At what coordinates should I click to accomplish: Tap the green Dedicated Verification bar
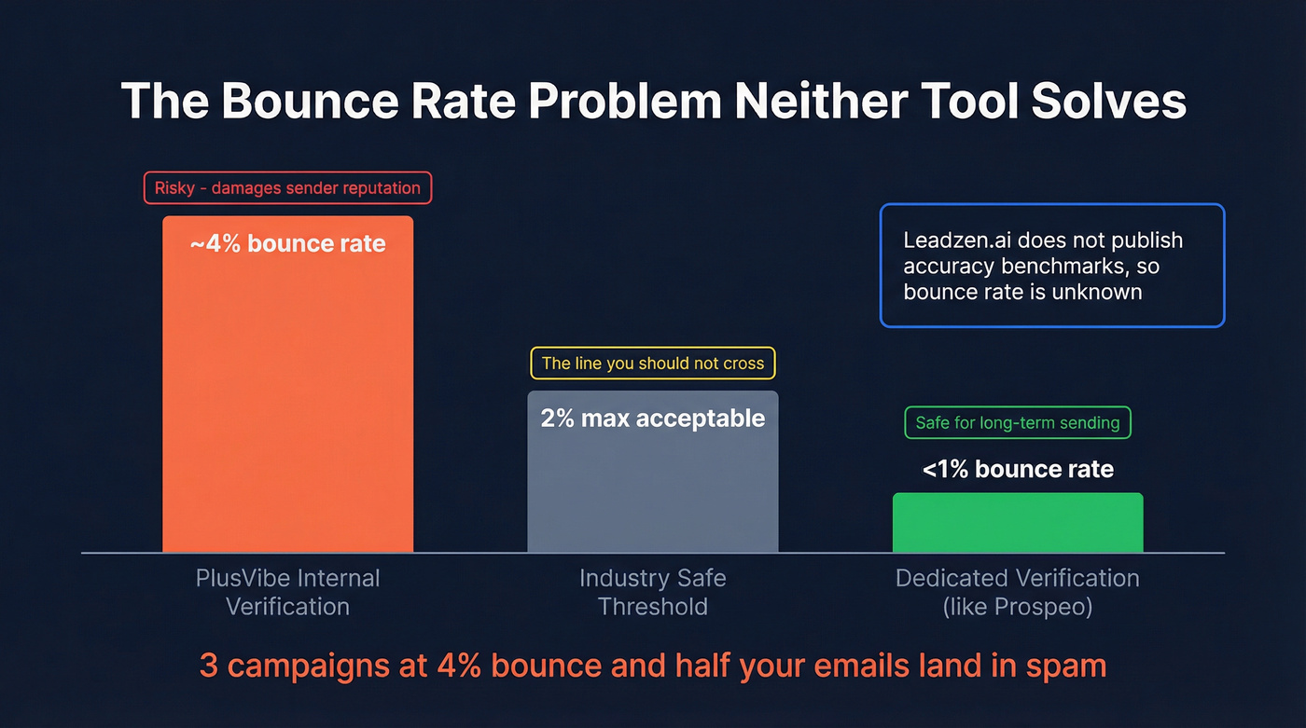(x=1017, y=523)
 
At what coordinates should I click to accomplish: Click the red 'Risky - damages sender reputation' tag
(x=287, y=187)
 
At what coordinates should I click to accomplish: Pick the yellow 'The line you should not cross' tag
(x=652, y=364)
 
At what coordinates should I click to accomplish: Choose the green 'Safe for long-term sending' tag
(x=1017, y=422)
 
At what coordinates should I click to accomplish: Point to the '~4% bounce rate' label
(x=287, y=244)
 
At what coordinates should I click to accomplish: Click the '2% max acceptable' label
(x=652, y=418)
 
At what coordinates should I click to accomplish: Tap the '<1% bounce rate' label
(x=1017, y=469)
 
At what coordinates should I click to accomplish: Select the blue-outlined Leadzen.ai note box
(x=1051, y=266)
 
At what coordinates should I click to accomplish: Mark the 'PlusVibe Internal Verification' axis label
(x=287, y=592)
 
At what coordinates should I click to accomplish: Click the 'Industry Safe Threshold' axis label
(x=652, y=592)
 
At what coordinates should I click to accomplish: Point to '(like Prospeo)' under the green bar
(x=1017, y=607)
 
